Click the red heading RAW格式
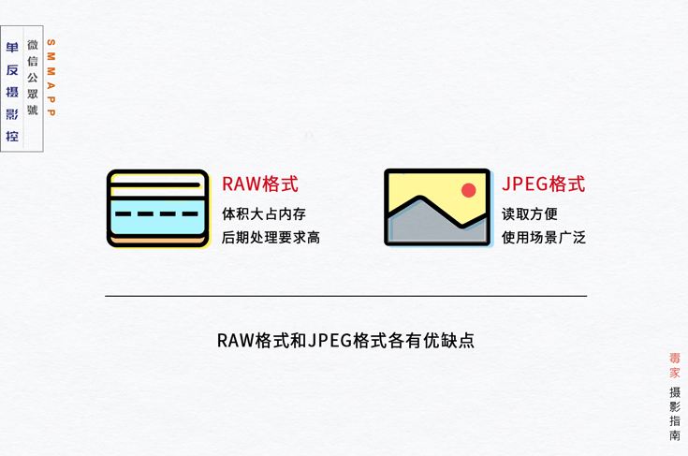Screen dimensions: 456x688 click(x=259, y=184)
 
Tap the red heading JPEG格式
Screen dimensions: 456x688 click(x=543, y=184)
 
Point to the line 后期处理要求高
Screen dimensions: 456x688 click(x=271, y=238)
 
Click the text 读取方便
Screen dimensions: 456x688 click(x=529, y=214)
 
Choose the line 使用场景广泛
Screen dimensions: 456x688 click(x=543, y=238)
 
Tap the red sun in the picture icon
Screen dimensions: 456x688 click(x=468, y=190)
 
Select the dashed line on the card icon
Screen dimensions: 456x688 click(x=157, y=214)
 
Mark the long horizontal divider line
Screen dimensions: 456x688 click(x=345, y=296)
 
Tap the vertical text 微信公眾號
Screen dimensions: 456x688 click(x=33, y=78)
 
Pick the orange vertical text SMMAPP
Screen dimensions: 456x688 click(x=51, y=78)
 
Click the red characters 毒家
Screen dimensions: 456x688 click(x=675, y=365)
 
